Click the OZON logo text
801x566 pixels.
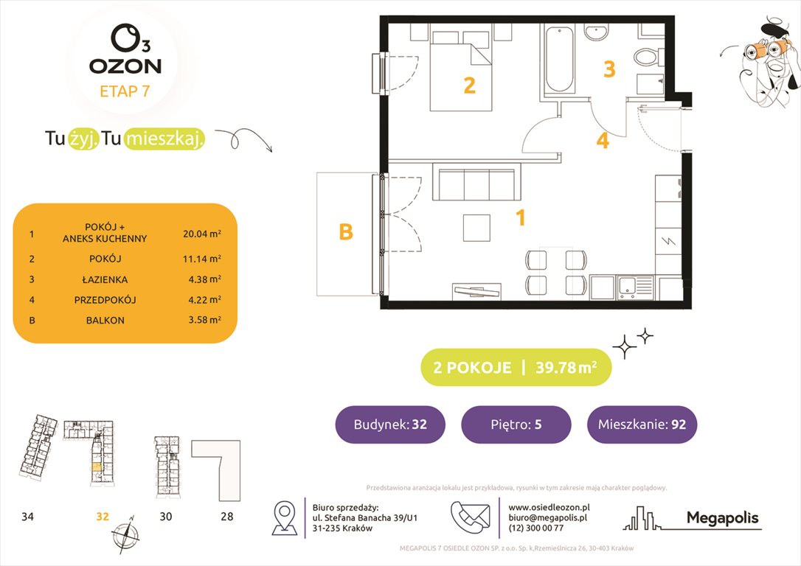click(x=125, y=66)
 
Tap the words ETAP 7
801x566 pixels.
click(x=125, y=91)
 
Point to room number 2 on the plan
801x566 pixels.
click(x=469, y=86)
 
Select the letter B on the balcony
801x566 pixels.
click(x=345, y=232)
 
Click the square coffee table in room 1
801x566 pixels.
click(x=477, y=227)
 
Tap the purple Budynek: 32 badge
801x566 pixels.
click(x=390, y=424)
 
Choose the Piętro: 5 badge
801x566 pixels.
click(x=516, y=424)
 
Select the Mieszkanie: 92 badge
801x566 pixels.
click(x=641, y=424)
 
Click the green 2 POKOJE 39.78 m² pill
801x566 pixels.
click(x=516, y=367)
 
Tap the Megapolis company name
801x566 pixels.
click(x=722, y=518)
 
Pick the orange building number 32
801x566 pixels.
click(x=102, y=517)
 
